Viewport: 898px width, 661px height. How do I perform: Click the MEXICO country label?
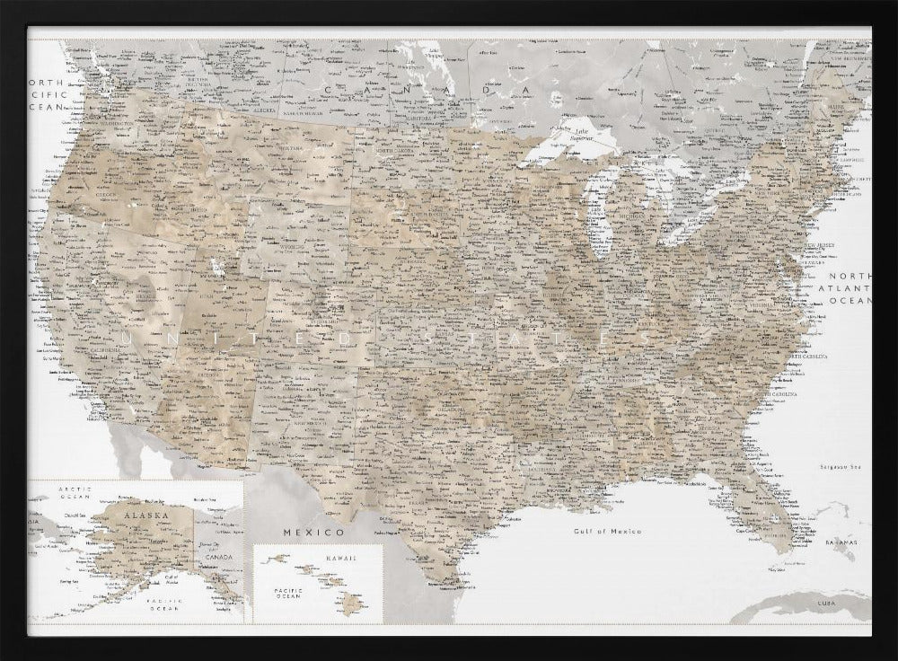point(301,532)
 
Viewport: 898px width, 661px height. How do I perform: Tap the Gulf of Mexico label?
point(608,531)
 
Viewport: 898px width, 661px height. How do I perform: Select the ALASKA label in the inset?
point(145,516)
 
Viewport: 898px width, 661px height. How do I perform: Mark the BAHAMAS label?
point(841,544)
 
